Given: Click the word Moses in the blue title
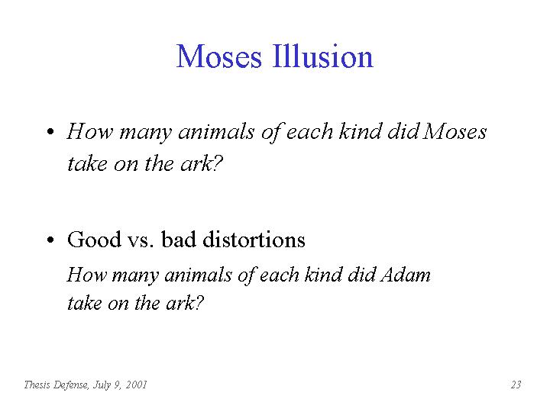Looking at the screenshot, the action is [x=219, y=56].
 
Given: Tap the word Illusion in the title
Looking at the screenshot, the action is [x=322, y=56].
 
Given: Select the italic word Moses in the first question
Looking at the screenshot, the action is [x=455, y=132].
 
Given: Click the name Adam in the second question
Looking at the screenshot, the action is [x=405, y=275].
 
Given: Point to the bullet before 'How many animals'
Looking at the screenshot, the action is [x=50, y=132].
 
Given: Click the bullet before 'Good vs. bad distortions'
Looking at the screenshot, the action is [x=50, y=240].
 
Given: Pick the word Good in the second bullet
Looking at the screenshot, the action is [x=94, y=240].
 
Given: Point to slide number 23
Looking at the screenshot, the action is [x=516, y=385].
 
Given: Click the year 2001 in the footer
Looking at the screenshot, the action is [x=136, y=385].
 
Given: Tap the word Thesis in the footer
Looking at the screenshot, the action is [x=37, y=385].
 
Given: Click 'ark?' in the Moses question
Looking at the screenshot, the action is [x=202, y=163].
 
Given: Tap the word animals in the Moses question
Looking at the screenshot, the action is [x=216, y=132].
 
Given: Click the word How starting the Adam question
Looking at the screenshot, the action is [x=86, y=275].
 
